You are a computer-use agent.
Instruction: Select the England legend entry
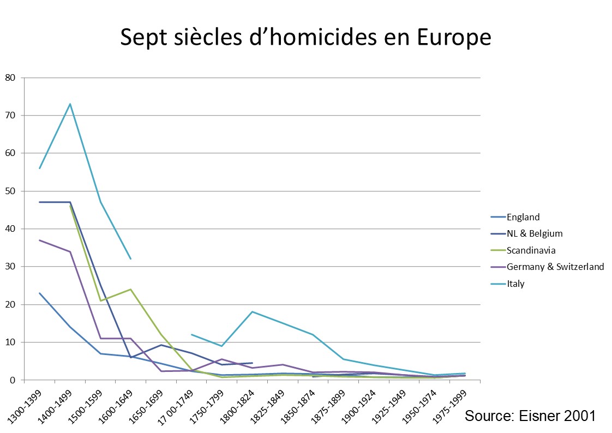coord(523,217)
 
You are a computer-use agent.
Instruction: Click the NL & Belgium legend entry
coord(535,233)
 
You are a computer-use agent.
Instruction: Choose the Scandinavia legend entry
coord(531,250)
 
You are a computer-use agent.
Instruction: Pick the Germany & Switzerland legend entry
coord(555,267)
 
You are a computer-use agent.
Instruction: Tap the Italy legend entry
coord(515,284)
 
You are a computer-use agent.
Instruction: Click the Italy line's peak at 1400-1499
coord(70,104)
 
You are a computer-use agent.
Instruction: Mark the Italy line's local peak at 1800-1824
coord(252,311)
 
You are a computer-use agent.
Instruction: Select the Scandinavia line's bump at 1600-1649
coord(131,289)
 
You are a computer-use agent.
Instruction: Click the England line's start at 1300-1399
coord(40,293)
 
